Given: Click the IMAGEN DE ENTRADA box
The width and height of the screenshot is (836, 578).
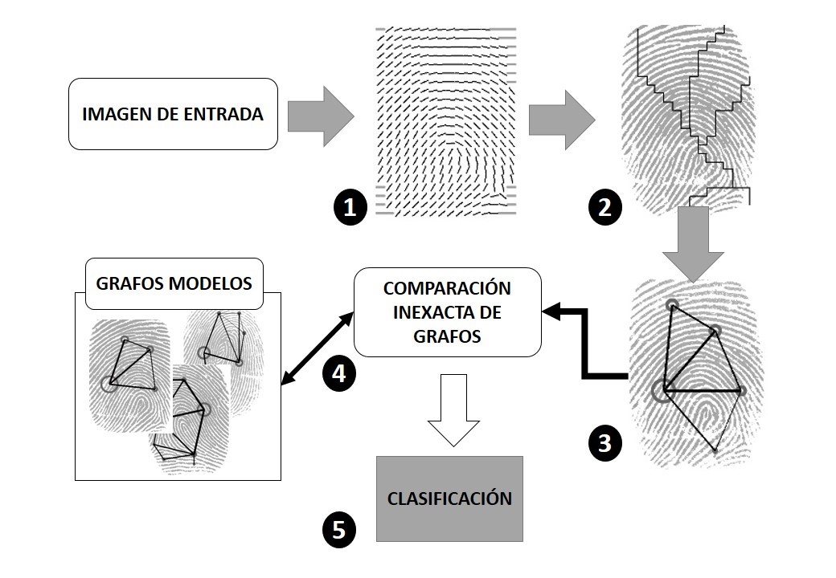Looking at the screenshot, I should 173,114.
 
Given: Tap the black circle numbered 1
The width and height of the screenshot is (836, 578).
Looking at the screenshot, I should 349,208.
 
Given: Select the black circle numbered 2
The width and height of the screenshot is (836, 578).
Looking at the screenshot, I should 605,208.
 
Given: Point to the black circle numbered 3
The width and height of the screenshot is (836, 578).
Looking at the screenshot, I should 605,442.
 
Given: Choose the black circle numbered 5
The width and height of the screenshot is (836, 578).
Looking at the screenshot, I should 338,529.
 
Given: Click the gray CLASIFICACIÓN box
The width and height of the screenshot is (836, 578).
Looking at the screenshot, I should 449,499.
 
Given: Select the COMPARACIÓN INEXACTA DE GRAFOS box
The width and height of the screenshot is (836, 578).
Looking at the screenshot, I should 448,312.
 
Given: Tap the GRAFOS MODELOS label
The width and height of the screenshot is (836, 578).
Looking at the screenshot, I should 174,283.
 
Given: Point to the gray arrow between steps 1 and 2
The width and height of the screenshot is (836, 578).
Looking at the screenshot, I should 561,119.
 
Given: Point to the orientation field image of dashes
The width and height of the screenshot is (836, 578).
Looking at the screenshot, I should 445,122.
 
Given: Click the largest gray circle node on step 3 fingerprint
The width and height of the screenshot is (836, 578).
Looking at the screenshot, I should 664,390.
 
